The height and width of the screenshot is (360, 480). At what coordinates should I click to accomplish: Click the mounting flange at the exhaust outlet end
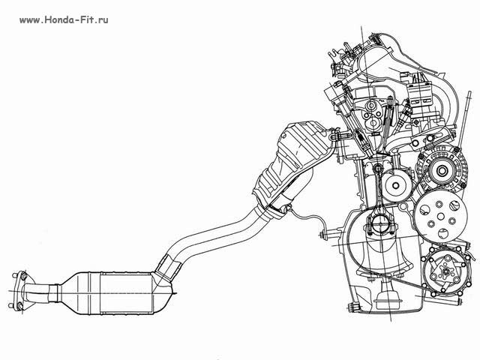[19, 290]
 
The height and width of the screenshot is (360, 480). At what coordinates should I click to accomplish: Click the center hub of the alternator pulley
[442, 170]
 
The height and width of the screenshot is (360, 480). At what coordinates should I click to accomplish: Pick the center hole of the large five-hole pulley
[440, 217]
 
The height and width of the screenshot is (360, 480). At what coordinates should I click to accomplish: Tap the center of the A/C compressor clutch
[446, 271]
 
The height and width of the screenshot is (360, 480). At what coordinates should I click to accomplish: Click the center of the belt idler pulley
[396, 185]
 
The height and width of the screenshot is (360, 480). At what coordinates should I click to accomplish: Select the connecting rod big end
[379, 224]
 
